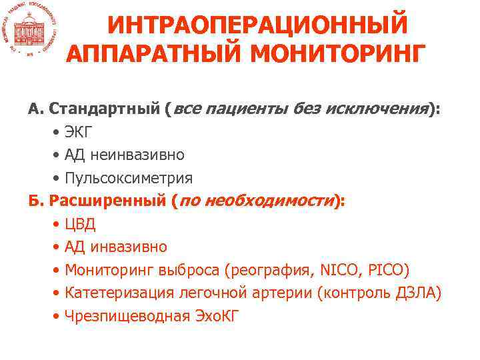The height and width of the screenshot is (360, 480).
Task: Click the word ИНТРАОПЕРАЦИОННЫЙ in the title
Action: [x=257, y=25]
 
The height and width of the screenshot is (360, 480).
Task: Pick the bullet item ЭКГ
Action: [x=81, y=132]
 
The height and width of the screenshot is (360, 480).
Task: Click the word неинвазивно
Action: [x=137, y=155]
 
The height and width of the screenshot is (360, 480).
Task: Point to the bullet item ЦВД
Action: [x=81, y=224]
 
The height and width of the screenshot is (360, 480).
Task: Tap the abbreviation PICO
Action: [x=390, y=270]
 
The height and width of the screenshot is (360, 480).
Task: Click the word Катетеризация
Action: [x=117, y=293]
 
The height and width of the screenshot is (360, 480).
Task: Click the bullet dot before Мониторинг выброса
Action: [x=58, y=270]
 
